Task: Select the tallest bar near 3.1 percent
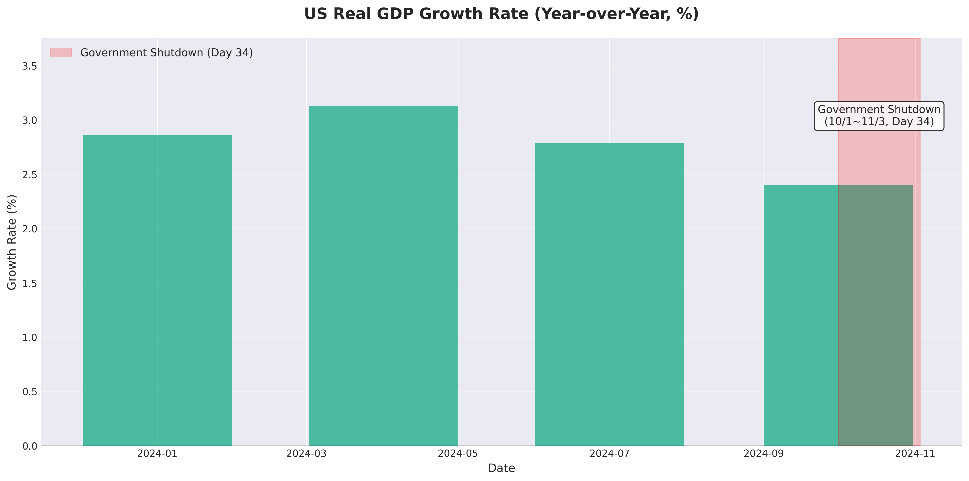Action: coord(383,276)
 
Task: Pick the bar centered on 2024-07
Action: coord(609,294)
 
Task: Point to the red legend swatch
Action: coord(61,53)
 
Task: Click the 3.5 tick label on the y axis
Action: coord(30,66)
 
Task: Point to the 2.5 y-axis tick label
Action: coord(30,175)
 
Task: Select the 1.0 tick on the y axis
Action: coord(30,338)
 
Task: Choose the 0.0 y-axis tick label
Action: coord(30,446)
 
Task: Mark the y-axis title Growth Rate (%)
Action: coord(12,242)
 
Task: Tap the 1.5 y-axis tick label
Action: coord(30,284)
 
